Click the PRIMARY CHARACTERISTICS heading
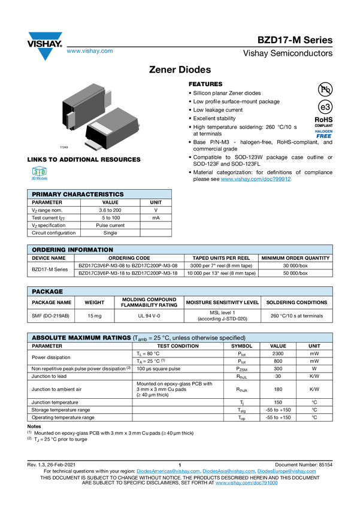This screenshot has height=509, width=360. pyautogui.click(x=78, y=195)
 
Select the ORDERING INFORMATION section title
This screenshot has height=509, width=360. pyautogui.click(x=72, y=250)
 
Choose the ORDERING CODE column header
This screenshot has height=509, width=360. pyautogui.click(x=129, y=258)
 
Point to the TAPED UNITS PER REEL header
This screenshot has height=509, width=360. pyautogui.click(x=221, y=258)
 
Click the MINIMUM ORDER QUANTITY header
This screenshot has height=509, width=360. pyautogui.click(x=295, y=258)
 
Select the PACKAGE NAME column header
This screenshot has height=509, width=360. pyautogui.click(x=52, y=302)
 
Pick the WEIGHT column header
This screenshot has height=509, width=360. pyautogui.click(x=95, y=302)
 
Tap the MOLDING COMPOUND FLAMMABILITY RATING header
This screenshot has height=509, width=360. pyautogui.click(x=149, y=302)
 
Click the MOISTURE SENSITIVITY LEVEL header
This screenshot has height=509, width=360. pyautogui.click(x=222, y=302)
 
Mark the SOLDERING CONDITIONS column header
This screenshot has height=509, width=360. pyautogui.click(x=297, y=302)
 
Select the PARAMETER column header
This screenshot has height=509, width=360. pyautogui.click(x=47, y=346)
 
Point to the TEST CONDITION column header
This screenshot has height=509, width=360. pyautogui.click(x=178, y=346)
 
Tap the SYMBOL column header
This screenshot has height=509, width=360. pyautogui.click(x=242, y=346)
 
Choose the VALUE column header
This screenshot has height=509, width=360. pyautogui.click(x=279, y=346)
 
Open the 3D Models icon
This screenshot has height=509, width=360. pyautogui.click(x=40, y=174)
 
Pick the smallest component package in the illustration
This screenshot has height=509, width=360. pyautogui.click(x=92, y=144)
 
